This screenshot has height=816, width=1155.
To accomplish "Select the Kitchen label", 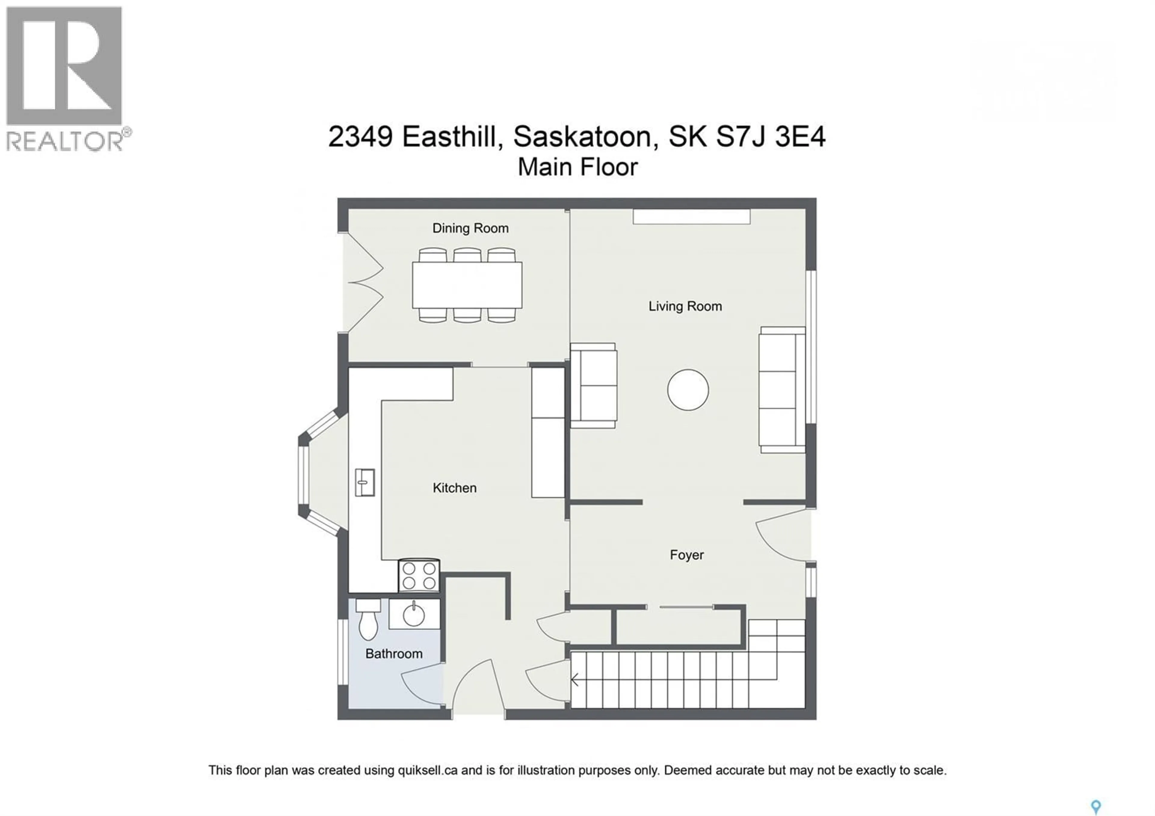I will click(454, 487).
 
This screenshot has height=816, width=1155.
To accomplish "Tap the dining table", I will click(467, 285).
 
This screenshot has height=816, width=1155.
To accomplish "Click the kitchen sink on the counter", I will click(365, 482).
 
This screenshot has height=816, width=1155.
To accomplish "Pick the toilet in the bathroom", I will click(368, 620).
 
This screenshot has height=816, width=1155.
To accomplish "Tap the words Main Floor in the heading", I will click(577, 167).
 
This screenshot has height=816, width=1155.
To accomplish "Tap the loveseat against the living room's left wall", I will click(594, 386).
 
